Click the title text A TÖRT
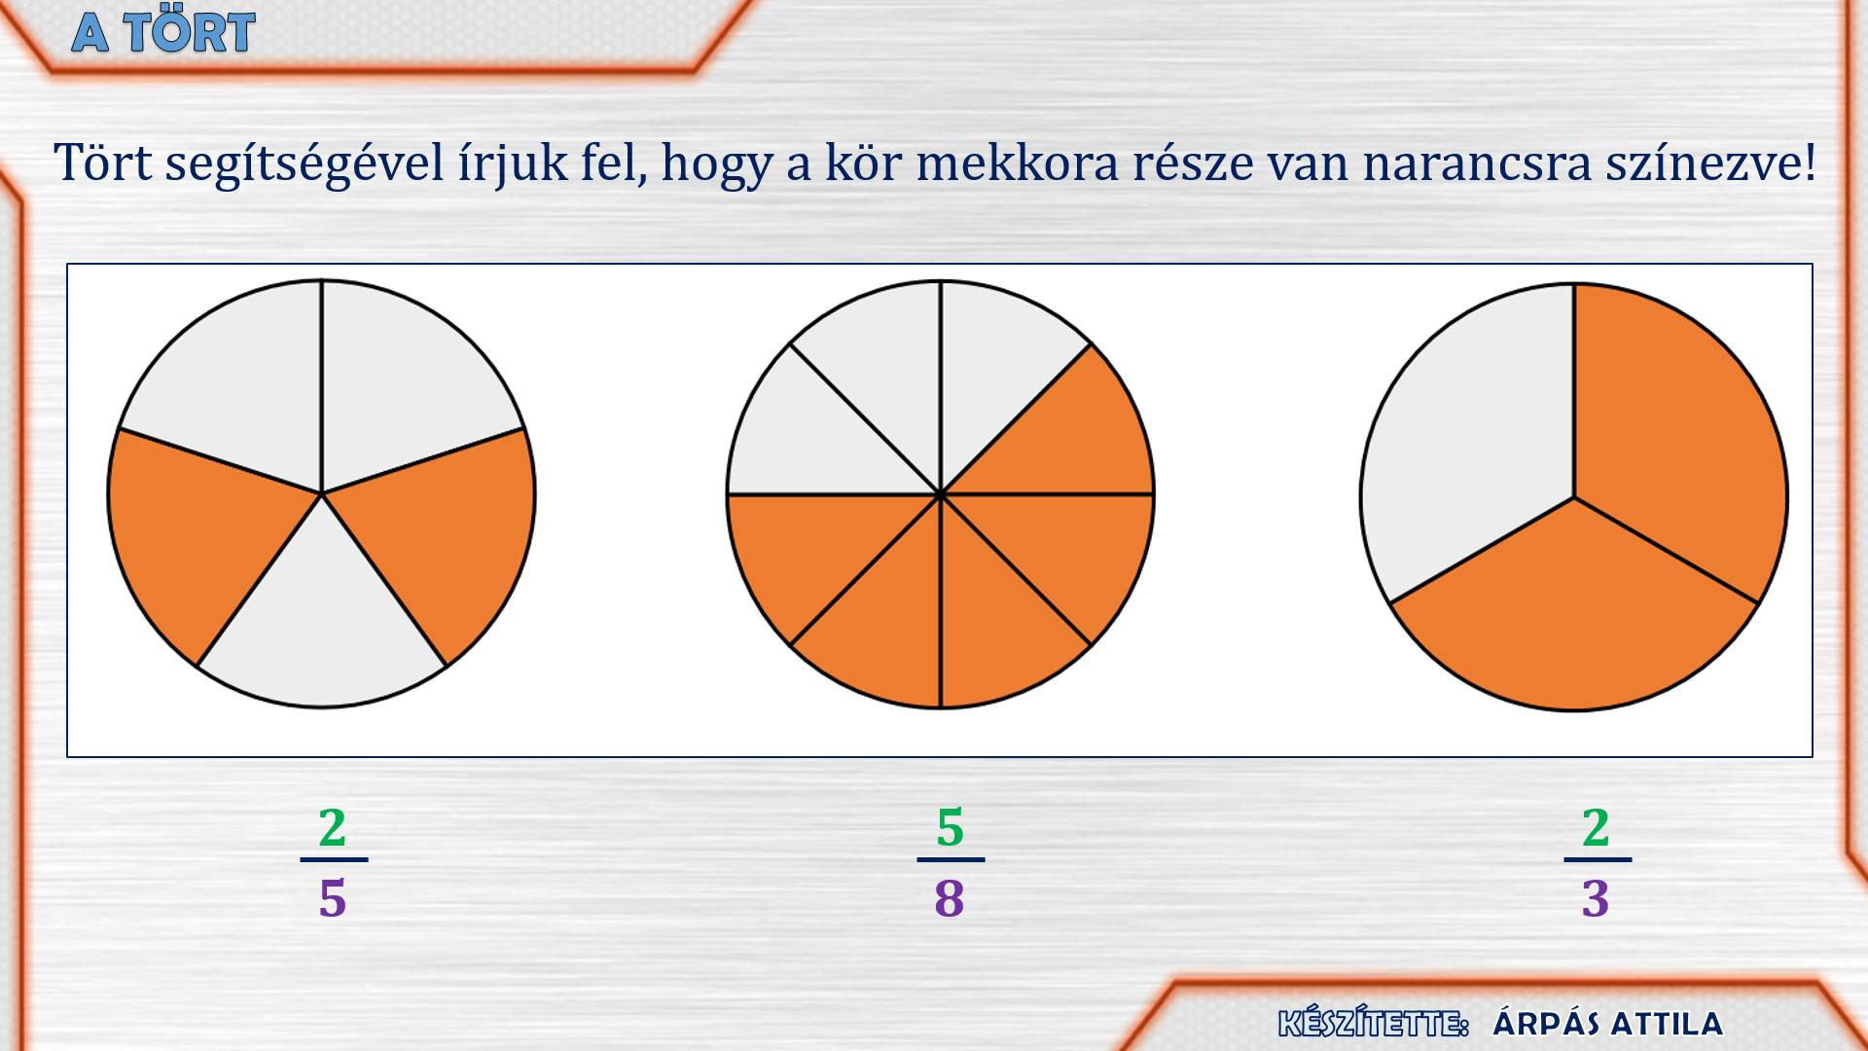click(163, 32)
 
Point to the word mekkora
click(1017, 163)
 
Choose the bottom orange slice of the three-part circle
click(1573, 613)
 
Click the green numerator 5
click(950, 828)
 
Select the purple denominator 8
click(950, 898)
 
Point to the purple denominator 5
click(333, 898)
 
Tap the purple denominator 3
click(1596, 898)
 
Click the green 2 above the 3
click(1596, 828)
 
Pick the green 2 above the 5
click(333, 828)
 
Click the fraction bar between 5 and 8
click(951, 859)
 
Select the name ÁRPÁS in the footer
click(1546, 1023)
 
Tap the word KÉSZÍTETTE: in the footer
click(1373, 1024)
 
